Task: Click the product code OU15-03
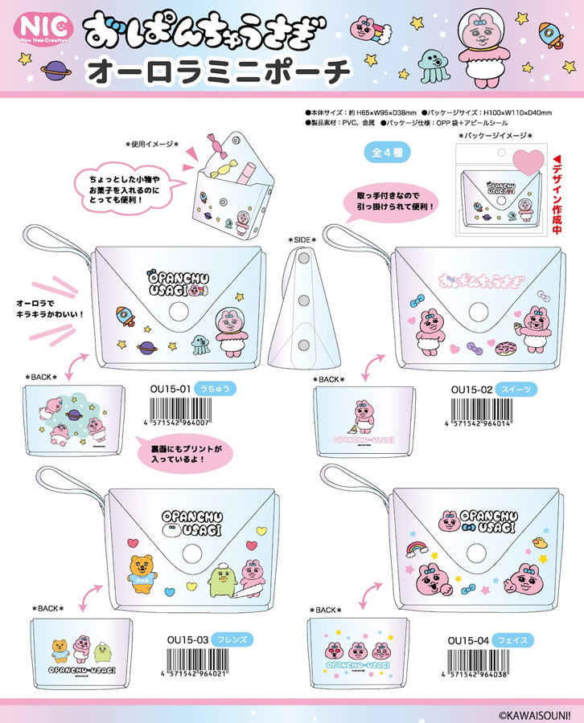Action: (x=191, y=639)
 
